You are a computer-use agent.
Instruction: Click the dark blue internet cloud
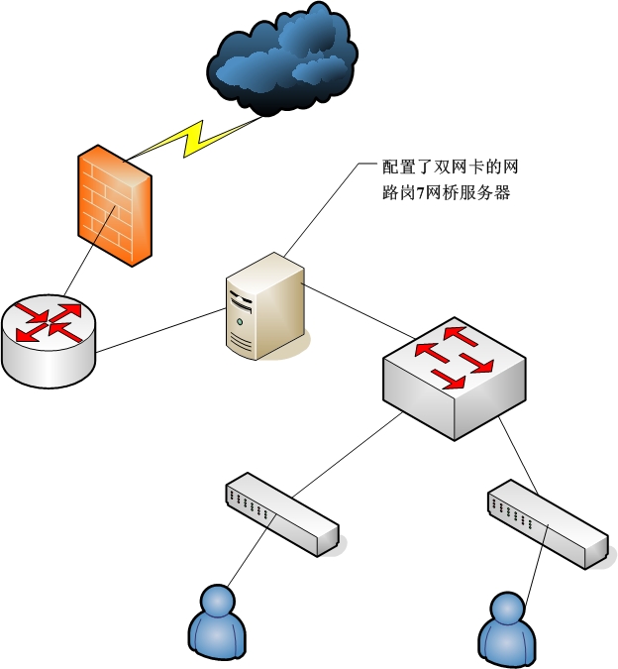pyautogui.click(x=282, y=61)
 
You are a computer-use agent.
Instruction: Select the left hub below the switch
pyautogui.click(x=282, y=515)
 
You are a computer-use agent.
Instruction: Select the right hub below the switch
pyautogui.click(x=546, y=524)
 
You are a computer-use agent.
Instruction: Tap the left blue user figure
pyautogui.click(x=217, y=624)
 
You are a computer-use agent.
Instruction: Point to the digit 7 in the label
pyautogui.click(x=419, y=193)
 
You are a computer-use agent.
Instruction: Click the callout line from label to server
pyautogui.click(x=317, y=209)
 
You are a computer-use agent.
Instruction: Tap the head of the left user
pyautogui.click(x=216, y=601)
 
